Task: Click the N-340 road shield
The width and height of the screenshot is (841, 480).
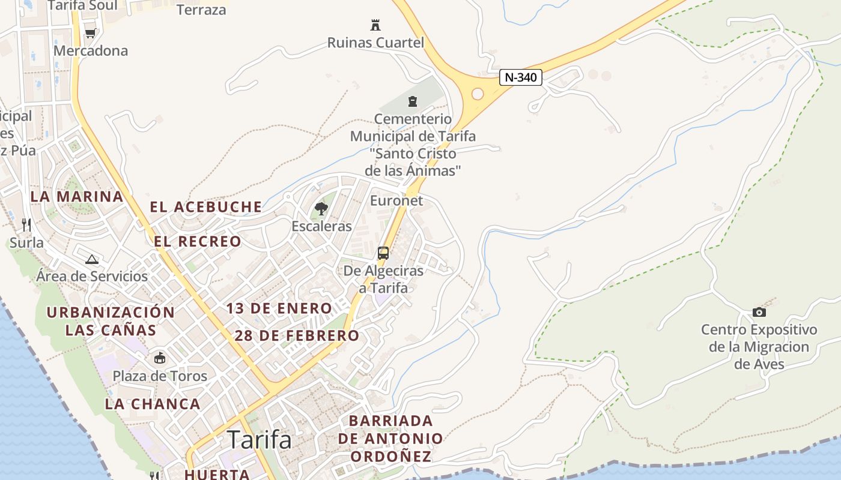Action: (521, 77)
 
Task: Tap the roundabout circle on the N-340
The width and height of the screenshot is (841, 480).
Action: (478, 94)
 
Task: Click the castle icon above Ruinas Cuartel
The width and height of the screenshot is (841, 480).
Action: (375, 25)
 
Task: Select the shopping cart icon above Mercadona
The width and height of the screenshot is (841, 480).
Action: (90, 33)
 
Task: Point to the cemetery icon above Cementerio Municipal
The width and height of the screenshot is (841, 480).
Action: (413, 101)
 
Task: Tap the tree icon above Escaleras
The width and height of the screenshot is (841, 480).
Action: (321, 209)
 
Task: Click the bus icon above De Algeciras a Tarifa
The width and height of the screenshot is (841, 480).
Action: (383, 253)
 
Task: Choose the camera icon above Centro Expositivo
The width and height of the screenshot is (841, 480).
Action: (759, 312)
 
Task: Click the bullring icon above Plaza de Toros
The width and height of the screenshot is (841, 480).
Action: (160, 358)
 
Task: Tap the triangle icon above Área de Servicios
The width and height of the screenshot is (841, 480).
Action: (91, 259)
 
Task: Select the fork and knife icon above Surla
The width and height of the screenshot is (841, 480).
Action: (26, 225)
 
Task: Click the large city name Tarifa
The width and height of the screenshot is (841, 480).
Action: (260, 440)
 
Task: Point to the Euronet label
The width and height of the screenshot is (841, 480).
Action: (396, 200)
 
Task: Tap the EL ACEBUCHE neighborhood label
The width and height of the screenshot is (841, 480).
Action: (206, 208)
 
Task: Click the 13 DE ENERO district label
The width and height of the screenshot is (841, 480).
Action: (279, 309)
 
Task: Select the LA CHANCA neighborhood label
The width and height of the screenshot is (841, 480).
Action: (153, 404)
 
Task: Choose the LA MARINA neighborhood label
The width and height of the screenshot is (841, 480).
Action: (77, 197)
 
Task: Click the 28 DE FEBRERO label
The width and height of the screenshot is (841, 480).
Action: (297, 336)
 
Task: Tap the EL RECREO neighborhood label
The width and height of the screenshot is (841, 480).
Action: (198, 242)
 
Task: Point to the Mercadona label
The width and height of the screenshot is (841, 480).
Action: (91, 51)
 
